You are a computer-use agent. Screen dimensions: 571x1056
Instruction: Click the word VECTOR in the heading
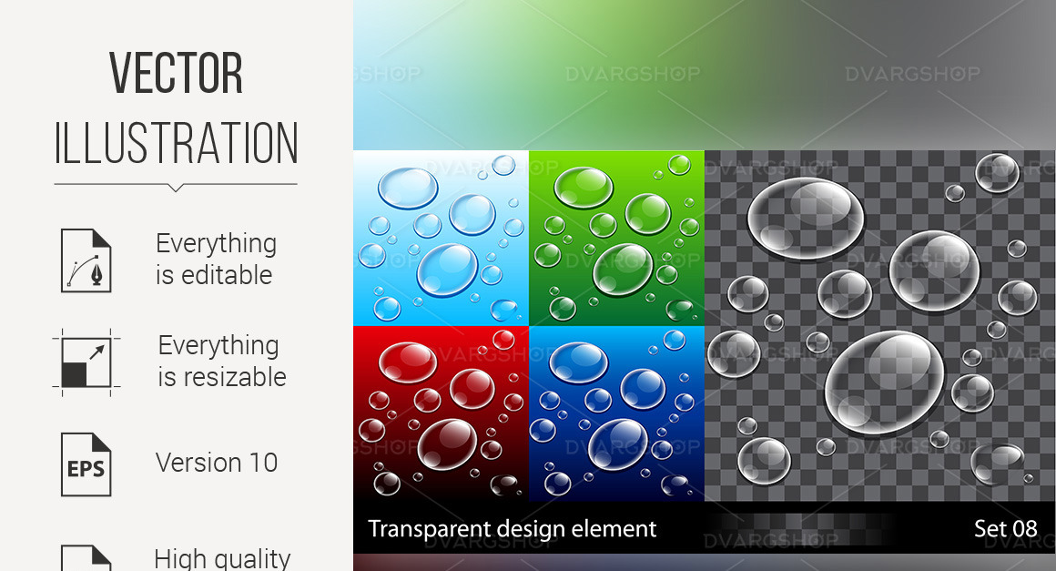tap(176, 74)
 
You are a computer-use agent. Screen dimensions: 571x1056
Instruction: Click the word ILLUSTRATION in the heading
tap(176, 144)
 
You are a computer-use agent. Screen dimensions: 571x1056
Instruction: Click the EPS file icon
tap(86, 464)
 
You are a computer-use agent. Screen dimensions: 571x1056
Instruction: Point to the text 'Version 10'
tap(217, 463)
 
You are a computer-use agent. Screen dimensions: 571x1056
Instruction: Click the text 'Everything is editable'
tap(216, 259)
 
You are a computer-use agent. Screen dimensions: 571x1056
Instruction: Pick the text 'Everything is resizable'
tap(221, 361)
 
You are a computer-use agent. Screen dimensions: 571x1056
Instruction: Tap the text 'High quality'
tap(222, 557)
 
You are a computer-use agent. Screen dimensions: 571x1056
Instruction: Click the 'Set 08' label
tap(1005, 528)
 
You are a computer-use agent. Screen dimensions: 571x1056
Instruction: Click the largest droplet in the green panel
tap(623, 270)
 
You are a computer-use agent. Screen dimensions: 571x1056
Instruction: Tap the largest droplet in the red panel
tap(447, 444)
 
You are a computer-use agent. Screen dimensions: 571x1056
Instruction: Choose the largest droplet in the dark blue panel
tap(618, 444)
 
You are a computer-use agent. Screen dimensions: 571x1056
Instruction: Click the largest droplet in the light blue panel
tap(447, 270)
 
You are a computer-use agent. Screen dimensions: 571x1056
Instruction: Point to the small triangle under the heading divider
tap(176, 189)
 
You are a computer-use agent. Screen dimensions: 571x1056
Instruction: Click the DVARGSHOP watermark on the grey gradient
tap(912, 75)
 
